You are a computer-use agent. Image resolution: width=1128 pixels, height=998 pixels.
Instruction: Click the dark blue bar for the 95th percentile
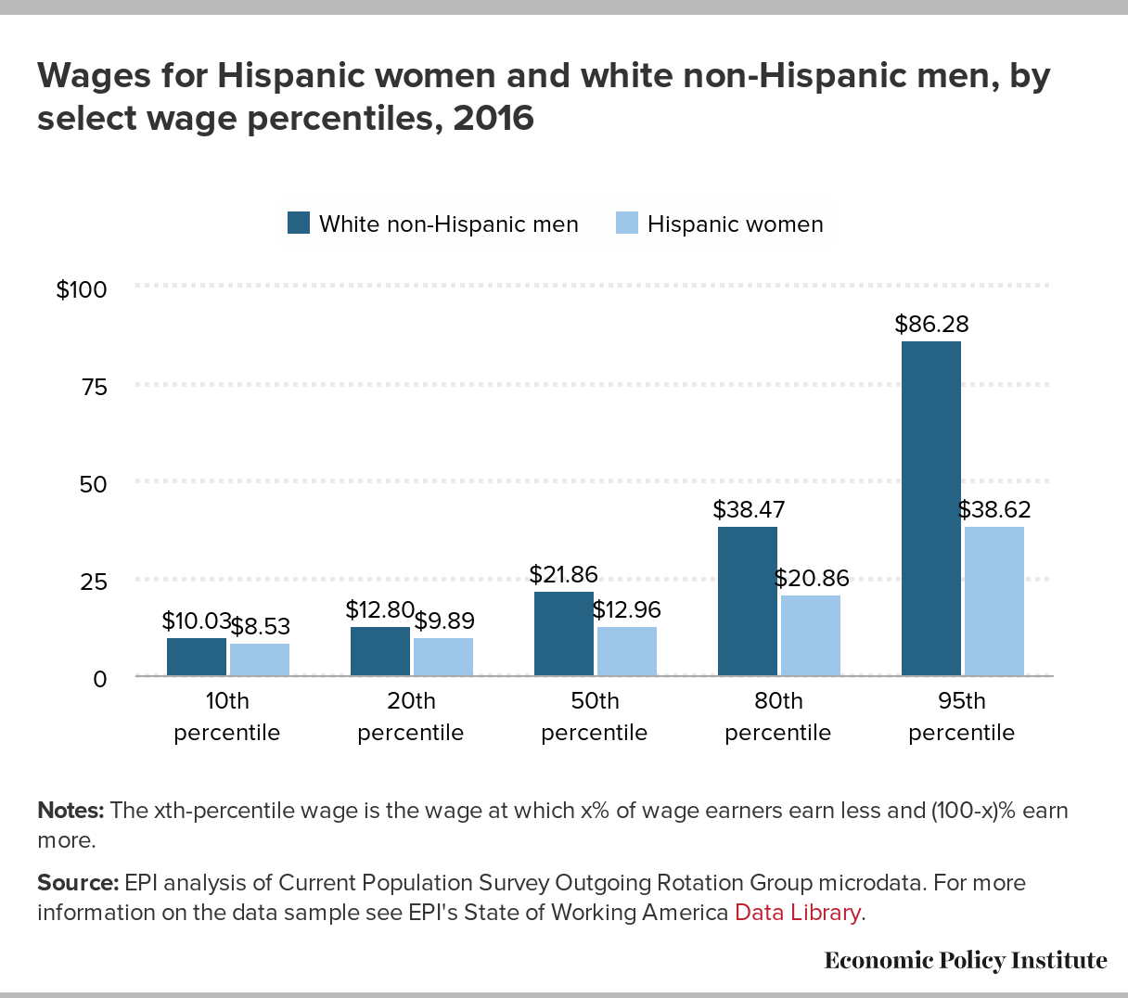930,508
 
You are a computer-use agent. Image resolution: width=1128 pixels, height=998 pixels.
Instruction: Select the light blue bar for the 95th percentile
993,601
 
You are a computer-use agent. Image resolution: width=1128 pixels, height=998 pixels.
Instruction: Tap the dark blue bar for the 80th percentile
747,601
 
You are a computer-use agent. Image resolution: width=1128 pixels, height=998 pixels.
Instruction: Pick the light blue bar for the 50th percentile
626,651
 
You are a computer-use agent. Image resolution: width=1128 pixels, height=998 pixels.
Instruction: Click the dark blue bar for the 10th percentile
196,657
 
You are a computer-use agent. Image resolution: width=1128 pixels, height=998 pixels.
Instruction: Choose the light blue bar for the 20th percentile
442,657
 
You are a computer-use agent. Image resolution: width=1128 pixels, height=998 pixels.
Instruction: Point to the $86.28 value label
931,325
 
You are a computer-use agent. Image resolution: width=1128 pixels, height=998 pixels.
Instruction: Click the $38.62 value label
993,510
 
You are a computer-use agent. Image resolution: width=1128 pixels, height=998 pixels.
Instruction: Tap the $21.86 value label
563,575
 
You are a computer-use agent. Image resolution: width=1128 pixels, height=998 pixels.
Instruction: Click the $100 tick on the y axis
82,289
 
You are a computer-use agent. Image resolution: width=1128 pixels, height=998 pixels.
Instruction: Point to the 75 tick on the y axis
95,387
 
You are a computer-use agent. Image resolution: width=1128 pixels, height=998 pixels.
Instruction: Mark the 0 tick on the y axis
100,679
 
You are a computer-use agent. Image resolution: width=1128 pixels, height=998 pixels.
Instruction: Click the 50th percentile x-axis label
594,717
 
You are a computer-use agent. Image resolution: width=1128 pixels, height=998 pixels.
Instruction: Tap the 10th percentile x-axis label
226,717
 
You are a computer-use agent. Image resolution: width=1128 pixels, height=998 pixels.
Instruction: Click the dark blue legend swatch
298,224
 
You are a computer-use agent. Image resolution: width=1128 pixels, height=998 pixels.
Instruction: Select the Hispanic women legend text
735,224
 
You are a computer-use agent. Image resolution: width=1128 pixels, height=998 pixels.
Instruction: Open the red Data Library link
797,913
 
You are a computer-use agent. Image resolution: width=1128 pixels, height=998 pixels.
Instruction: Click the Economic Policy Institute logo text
965,960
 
